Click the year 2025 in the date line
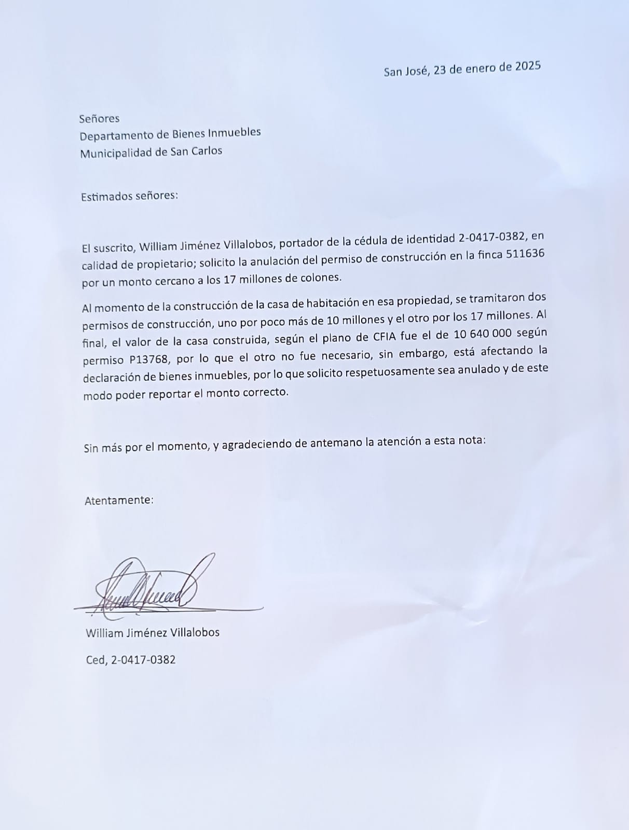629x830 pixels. (528, 66)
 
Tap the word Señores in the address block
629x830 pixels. (99, 118)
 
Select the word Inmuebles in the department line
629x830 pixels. (234, 133)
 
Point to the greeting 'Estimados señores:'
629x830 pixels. (129, 196)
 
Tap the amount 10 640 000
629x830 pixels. (483, 334)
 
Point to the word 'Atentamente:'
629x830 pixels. (119, 500)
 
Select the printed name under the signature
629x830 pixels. (153, 632)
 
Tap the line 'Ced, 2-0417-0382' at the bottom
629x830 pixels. (131, 660)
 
